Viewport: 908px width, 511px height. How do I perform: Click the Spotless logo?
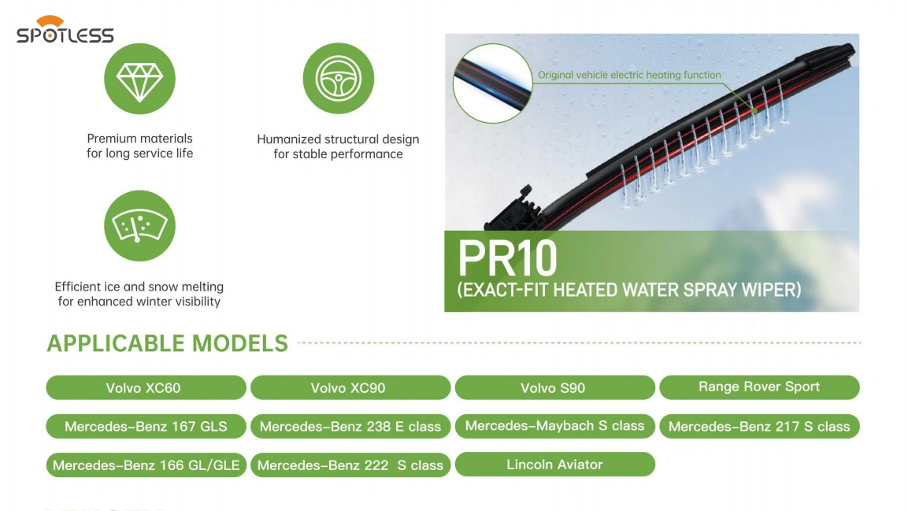pos(65,30)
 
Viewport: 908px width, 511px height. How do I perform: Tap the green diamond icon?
pos(139,79)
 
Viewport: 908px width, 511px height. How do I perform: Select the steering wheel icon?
pos(338,78)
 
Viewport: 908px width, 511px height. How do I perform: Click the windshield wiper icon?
pos(139,226)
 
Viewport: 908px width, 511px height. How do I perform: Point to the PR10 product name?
pos(507,258)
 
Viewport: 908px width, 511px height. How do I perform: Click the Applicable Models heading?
pos(168,343)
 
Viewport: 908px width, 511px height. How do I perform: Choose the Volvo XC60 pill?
pos(146,387)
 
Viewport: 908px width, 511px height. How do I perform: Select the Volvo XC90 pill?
pos(350,387)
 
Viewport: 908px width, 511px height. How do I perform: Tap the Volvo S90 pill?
pos(554,387)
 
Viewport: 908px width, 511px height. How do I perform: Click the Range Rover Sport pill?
pos(759,387)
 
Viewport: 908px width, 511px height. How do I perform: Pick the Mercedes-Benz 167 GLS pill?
pos(146,427)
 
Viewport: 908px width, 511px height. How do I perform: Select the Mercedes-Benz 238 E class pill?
pos(350,427)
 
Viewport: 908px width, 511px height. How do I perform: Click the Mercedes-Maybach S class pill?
pos(554,426)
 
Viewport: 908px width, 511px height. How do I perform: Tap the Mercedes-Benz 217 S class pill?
pos(759,427)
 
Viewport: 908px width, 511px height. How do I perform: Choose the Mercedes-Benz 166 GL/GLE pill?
pos(146,465)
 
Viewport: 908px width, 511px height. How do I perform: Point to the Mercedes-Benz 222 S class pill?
pos(350,465)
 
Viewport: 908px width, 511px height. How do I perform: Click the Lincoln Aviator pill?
pos(554,464)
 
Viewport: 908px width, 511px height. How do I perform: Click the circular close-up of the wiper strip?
pos(492,83)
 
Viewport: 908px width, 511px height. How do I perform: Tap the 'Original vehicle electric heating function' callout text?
pos(629,75)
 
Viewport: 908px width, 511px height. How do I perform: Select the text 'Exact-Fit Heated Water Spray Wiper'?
pos(629,289)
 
